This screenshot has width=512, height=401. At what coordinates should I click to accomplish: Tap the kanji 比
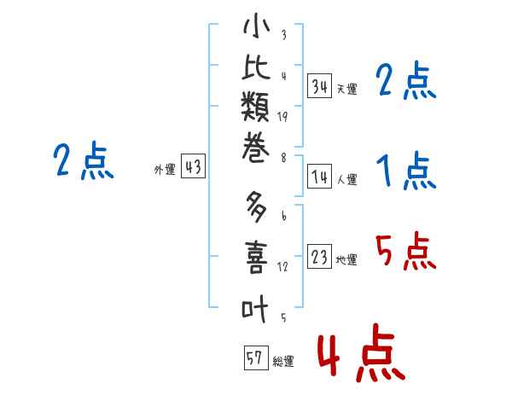tap(256, 67)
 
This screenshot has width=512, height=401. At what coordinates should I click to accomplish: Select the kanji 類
tap(255, 106)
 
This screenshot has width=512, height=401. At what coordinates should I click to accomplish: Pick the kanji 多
tap(256, 207)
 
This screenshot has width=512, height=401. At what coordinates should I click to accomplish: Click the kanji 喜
tap(256, 257)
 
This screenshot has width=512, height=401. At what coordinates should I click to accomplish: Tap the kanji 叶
tap(255, 308)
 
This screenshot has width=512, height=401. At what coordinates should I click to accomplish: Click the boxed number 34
tap(319, 86)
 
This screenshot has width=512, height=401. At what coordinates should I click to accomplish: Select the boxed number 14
tap(319, 177)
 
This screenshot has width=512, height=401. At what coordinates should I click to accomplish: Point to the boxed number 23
tap(319, 257)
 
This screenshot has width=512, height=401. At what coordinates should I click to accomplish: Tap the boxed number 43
tap(193, 166)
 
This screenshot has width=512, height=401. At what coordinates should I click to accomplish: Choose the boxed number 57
tap(256, 357)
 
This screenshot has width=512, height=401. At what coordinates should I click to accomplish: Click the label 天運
tap(347, 89)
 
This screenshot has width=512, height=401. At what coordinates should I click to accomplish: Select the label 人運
tap(347, 179)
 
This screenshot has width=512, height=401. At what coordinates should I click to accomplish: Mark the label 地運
tap(346, 259)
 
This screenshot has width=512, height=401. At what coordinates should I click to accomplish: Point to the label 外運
tap(165, 170)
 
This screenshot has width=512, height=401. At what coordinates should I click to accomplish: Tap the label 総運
tap(283, 361)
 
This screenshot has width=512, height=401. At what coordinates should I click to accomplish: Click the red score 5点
tap(406, 251)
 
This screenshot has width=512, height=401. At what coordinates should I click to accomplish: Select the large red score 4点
tap(362, 353)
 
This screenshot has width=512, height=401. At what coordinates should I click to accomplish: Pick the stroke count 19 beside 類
tap(282, 117)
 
